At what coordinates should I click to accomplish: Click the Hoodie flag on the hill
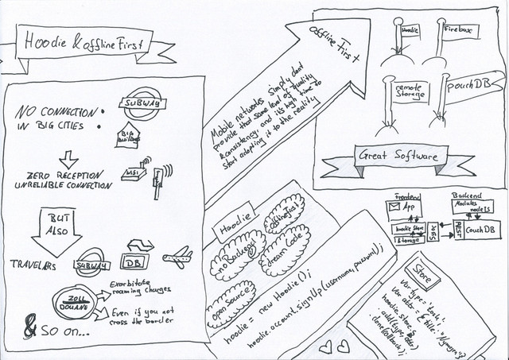point(409,31)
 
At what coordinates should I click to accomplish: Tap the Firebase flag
point(457,29)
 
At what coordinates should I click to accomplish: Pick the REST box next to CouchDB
point(457,230)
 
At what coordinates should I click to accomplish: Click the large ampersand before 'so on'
point(31,327)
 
